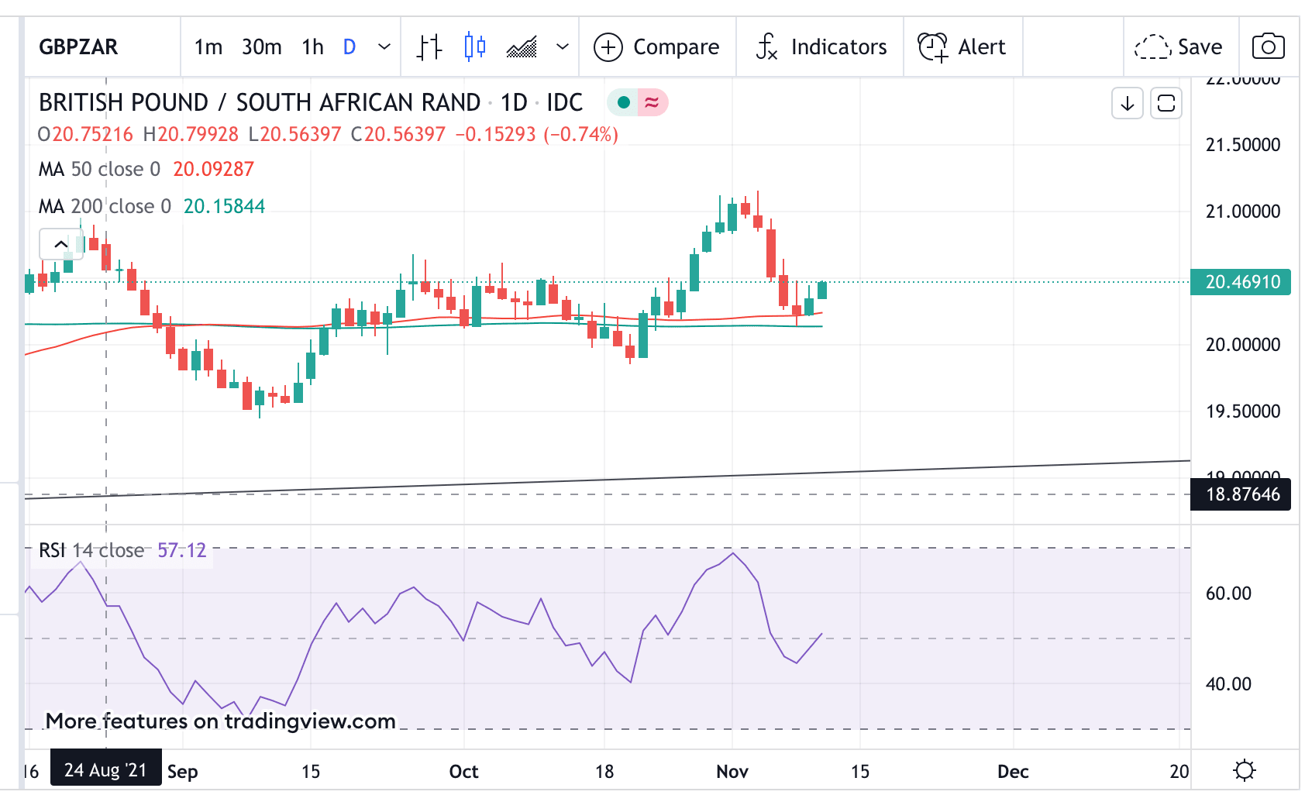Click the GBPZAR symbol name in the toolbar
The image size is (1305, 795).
coord(78,47)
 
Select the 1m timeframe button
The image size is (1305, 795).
coord(208,47)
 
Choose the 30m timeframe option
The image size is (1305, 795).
coord(261,47)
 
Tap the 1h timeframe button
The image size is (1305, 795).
coord(312,47)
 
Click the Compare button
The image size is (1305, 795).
coord(657,47)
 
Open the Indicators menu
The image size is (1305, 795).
coord(821,47)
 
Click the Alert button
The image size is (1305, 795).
coord(962,47)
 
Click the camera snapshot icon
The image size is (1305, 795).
coord(1268,46)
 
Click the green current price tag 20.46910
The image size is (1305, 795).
coord(1241,282)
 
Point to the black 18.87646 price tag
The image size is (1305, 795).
coord(1241,494)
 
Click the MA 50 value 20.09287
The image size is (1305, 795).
coord(213,169)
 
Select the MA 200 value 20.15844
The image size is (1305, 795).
coord(224,206)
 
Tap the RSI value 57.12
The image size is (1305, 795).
coord(182,550)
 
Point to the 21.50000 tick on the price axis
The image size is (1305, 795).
coord(1242,145)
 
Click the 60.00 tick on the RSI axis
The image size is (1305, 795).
coord(1228,594)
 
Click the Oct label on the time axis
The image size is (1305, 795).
coord(463,772)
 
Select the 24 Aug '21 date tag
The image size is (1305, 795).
coord(105,770)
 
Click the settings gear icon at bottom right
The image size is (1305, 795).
coord(1245,770)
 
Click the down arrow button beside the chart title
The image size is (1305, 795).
coord(1128,103)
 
